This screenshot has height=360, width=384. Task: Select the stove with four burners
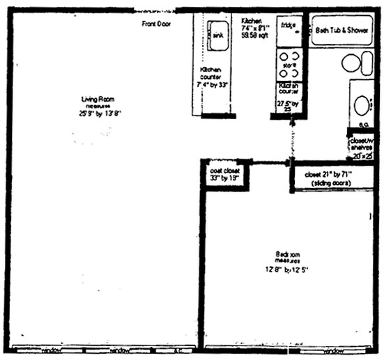[x=289, y=64]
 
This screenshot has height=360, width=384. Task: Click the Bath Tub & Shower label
[x=343, y=31]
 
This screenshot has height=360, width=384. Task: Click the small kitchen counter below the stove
[x=289, y=97]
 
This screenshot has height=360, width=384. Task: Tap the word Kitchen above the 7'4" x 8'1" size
[x=252, y=20]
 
